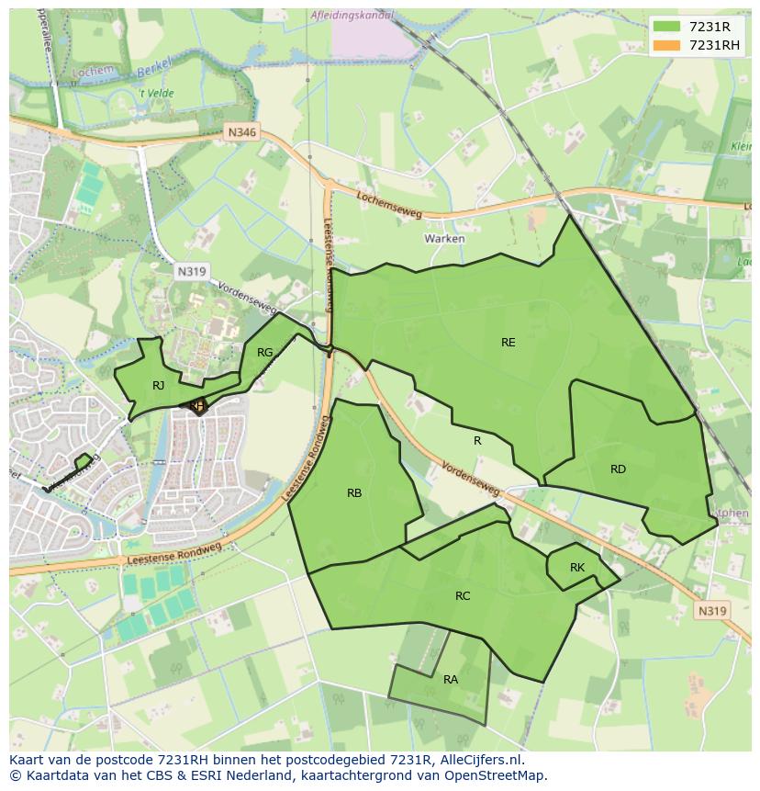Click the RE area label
(508, 343)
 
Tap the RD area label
(618, 469)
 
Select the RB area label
(354, 493)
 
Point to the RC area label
(463, 596)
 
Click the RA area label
(451, 680)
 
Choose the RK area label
(576, 568)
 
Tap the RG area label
(264, 353)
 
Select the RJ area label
(159, 386)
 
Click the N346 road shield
(242, 133)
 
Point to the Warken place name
(444, 239)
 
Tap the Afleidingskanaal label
(352, 16)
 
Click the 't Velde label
(156, 94)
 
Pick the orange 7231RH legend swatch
(667, 46)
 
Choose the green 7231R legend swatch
(667, 28)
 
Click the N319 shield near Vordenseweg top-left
(191, 271)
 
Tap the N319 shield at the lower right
(711, 611)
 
